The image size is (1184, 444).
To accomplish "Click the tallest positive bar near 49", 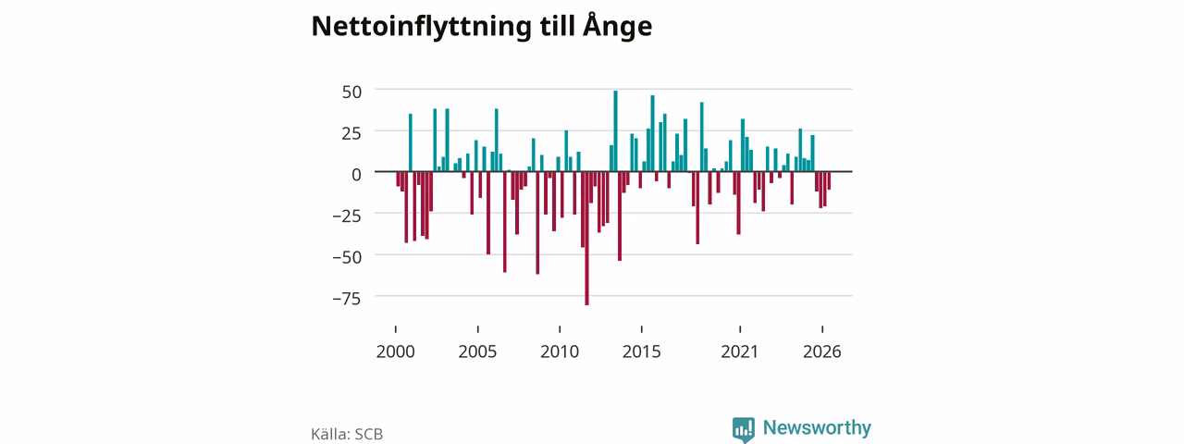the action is point(615,131).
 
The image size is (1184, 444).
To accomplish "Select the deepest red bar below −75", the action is point(586,239).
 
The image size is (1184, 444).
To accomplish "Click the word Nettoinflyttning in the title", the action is point(421,27).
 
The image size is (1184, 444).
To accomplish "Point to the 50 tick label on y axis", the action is point(352,92).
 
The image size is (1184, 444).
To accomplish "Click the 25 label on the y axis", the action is point(352,133).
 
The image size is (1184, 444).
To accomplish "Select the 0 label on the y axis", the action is point(357,175).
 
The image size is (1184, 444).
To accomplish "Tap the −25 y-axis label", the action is point(347,216).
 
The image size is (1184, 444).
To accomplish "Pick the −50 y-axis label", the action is point(347,257).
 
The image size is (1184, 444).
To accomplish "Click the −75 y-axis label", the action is point(347,299).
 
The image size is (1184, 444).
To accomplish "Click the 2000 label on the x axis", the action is point(395,351).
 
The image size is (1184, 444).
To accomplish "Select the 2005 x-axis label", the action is point(477,351).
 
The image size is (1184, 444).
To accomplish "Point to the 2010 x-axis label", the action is point(560,351).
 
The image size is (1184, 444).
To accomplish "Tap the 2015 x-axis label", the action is point(642,351).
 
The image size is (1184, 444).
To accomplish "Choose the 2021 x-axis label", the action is point(739,351).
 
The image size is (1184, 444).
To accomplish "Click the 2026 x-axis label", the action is point(822,351).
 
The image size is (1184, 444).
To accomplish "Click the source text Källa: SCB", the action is point(347,434).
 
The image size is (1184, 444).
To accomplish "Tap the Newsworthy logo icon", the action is point(744,429).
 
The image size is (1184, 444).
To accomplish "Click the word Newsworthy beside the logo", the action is point(817,427).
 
